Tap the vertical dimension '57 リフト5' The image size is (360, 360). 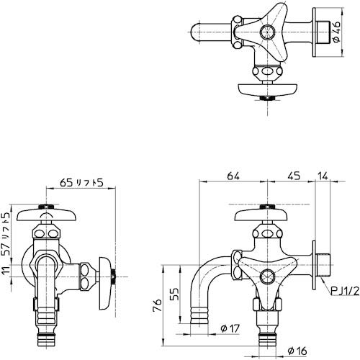(x=6, y=235)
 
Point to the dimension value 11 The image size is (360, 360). (x=6, y=272)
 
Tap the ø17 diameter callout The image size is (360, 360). (x=229, y=329)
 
